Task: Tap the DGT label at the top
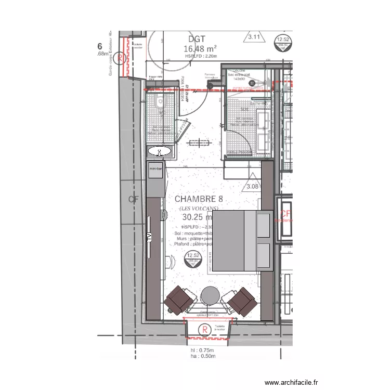point(197,39)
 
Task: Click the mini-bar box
point(156,169)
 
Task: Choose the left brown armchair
point(178,300)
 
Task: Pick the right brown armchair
point(241,300)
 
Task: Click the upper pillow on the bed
point(264,225)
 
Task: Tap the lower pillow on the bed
point(264,256)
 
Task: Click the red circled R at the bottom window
point(205,329)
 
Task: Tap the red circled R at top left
point(121,58)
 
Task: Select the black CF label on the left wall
point(133,200)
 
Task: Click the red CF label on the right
point(285,214)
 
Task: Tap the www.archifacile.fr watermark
point(291,382)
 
